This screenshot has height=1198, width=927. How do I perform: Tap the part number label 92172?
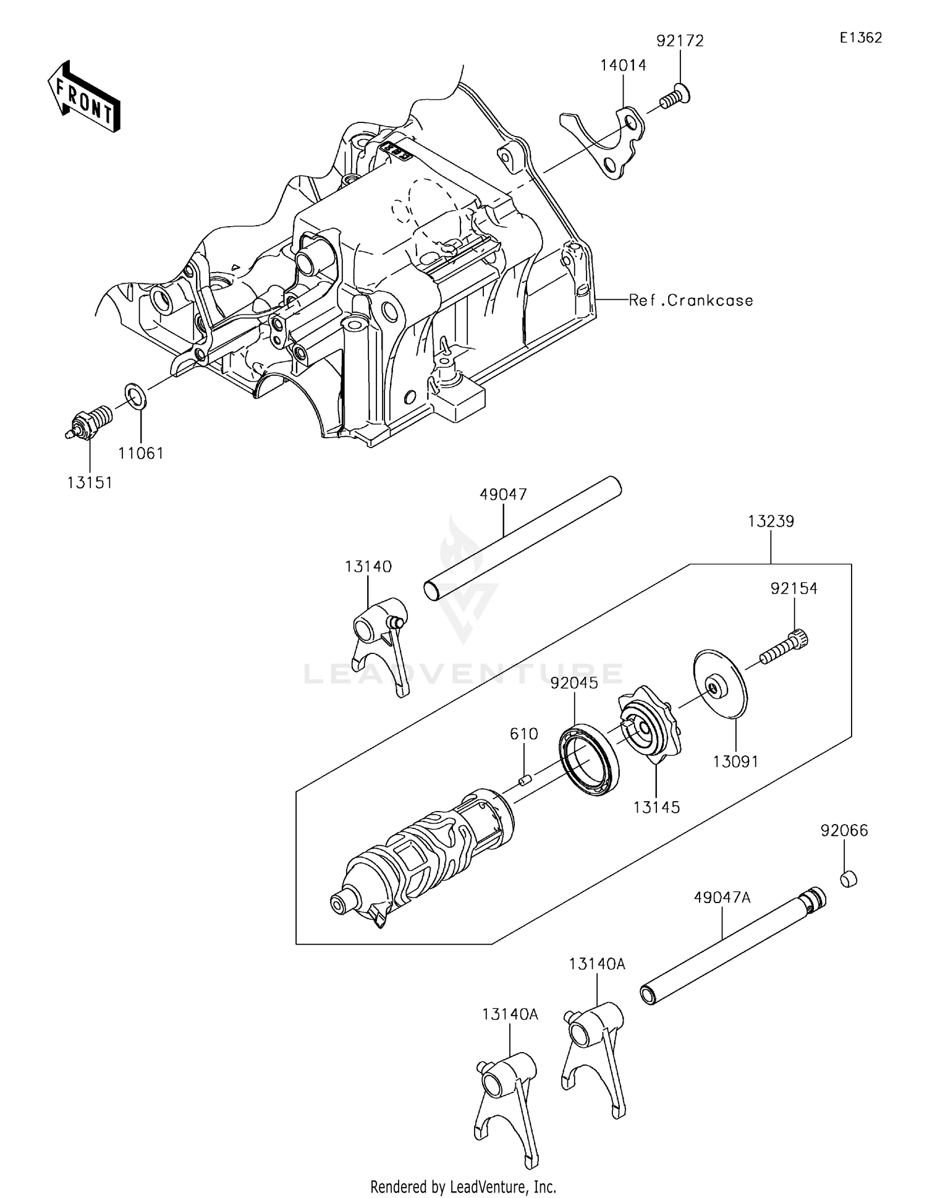tap(680, 41)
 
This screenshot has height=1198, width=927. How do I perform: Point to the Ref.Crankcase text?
tap(691, 300)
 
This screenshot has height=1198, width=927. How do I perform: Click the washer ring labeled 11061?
tap(136, 396)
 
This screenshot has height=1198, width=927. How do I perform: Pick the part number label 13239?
tap(771, 521)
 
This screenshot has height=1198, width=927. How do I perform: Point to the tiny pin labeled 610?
tap(525, 780)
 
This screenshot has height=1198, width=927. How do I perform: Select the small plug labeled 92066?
tap(849, 878)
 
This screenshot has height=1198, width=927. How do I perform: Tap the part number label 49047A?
tap(722, 898)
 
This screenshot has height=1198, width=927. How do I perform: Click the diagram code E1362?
tap(860, 38)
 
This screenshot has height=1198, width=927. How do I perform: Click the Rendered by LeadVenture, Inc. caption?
tap(463, 1186)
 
